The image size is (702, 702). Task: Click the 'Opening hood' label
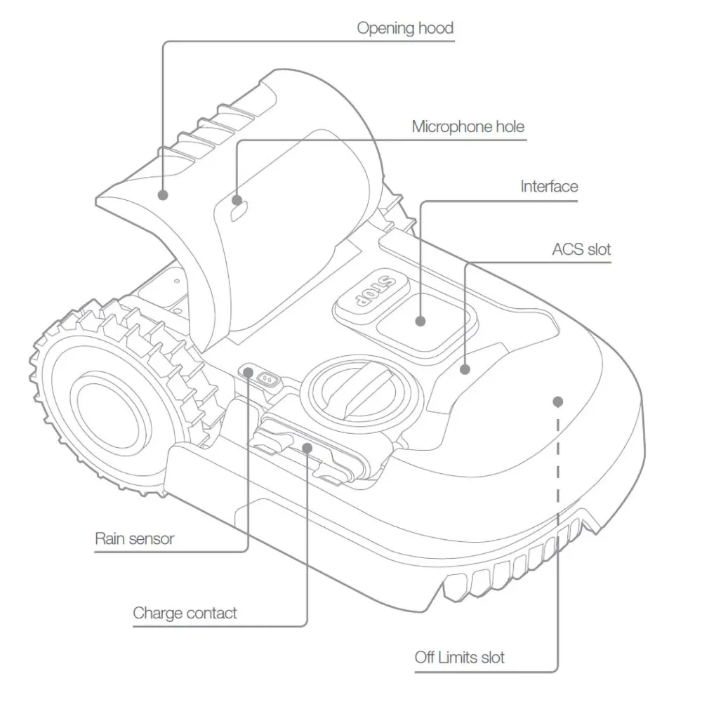(x=405, y=29)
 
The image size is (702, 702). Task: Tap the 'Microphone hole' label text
(x=468, y=127)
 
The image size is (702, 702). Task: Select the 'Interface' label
(x=549, y=186)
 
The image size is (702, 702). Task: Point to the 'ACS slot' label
(x=581, y=249)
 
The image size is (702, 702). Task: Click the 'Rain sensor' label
(x=134, y=539)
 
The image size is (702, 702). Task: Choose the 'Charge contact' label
(x=185, y=613)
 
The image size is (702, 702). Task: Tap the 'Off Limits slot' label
(x=459, y=658)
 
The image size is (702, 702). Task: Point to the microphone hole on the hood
(x=239, y=209)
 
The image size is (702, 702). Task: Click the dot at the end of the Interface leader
(x=420, y=321)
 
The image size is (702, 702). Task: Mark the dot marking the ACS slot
(x=464, y=367)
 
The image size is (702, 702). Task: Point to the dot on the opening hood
(x=164, y=195)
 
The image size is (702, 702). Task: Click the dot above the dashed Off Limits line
(x=557, y=402)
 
